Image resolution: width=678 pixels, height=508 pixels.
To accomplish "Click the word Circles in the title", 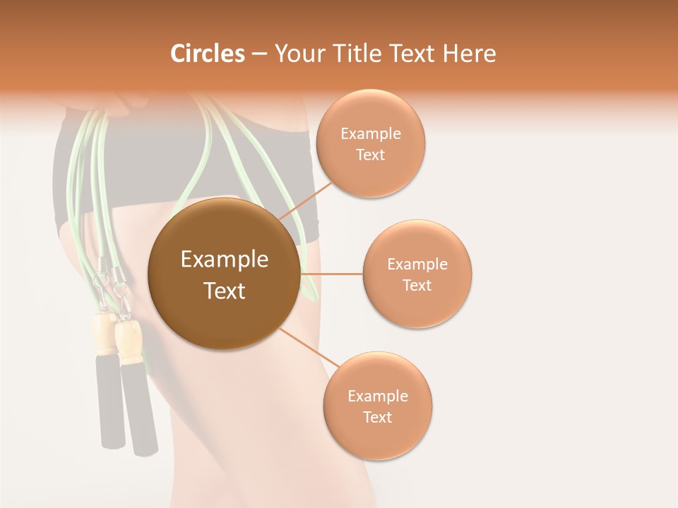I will pyautogui.click(x=207, y=54).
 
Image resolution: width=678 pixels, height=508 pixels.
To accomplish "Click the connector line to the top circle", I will pyautogui.click(x=305, y=201).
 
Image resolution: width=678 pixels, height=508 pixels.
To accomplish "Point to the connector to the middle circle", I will pyautogui.click(x=331, y=274).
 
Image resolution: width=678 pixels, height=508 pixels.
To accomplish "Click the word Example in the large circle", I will pyautogui.click(x=224, y=260).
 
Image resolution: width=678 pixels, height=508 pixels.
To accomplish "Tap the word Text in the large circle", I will pyautogui.click(x=224, y=291).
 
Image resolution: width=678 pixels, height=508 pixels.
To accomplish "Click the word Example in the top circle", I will pyautogui.click(x=370, y=133).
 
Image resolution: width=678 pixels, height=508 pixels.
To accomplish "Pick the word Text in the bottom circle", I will pyautogui.click(x=377, y=417).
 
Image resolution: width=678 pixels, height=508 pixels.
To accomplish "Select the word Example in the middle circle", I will pyautogui.click(x=417, y=264).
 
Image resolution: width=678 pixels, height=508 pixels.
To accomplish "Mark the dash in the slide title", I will pyautogui.click(x=259, y=54).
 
